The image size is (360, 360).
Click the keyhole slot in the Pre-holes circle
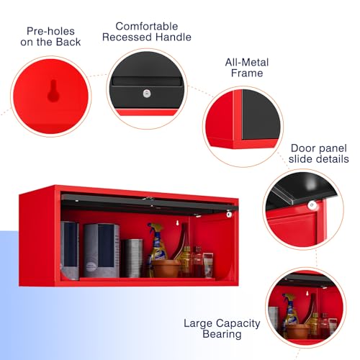coord(53,91)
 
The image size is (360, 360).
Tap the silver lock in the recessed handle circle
coord(147,94)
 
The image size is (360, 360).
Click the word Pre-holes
coord(50,31)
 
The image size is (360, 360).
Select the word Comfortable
coord(147,27)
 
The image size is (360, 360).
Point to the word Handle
coord(174,37)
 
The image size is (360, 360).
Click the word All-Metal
coord(247,63)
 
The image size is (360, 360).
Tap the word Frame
coord(247,73)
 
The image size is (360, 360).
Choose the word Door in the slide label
coord(302,148)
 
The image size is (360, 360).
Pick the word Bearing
coord(222,334)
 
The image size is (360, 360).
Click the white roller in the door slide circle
coord(312,205)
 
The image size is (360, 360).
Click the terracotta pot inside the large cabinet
coord(166,269)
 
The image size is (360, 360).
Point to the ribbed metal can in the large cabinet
coord(132,258)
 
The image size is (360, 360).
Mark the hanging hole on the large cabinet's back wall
coord(177,222)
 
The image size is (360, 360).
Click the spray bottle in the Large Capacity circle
coord(290,312)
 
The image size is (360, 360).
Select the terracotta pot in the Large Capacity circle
coord(297,331)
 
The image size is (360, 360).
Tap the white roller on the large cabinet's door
coord(229,214)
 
